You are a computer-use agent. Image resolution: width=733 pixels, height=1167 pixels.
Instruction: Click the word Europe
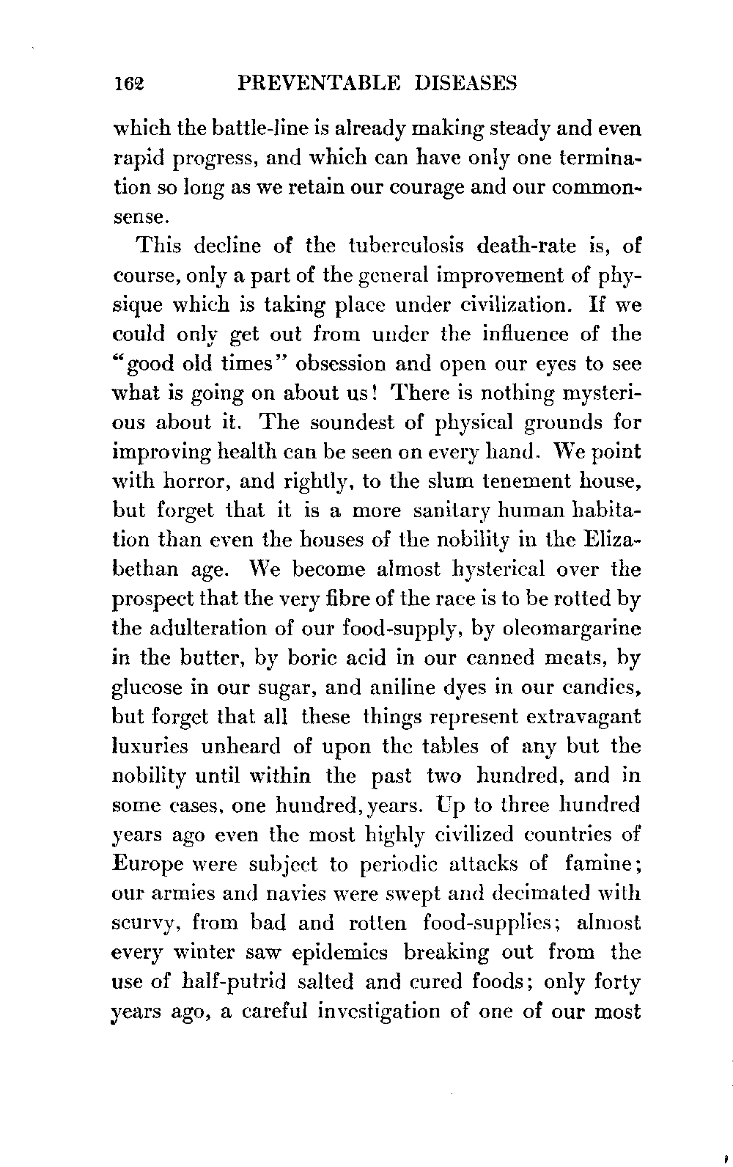pos(149,864)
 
